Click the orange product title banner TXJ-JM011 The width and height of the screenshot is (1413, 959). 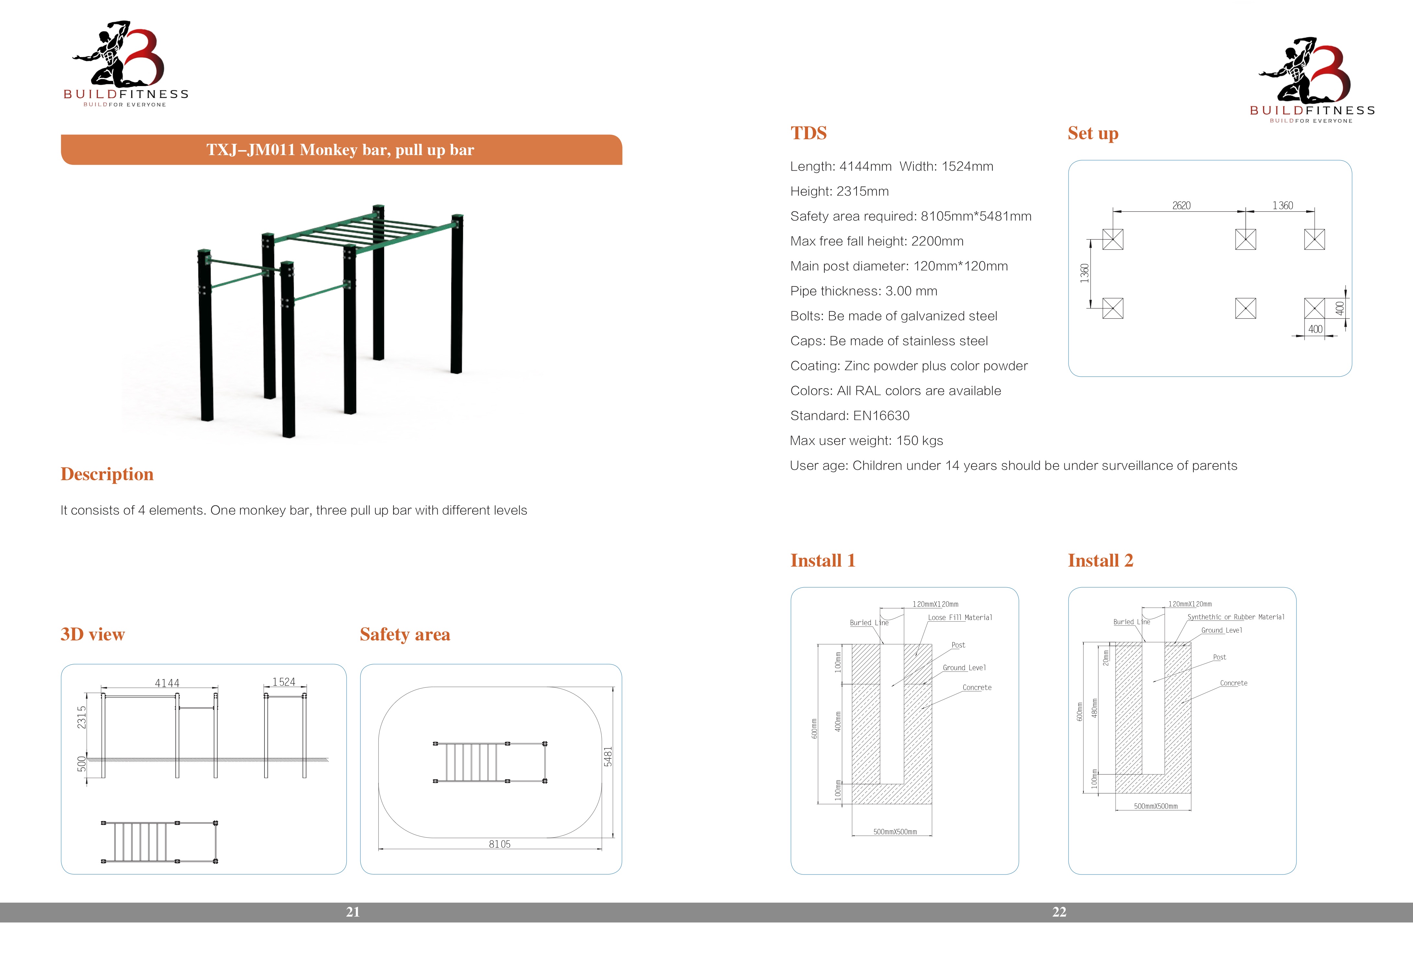click(341, 150)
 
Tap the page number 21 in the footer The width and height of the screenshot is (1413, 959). click(353, 911)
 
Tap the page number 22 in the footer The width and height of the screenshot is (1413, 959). click(1059, 911)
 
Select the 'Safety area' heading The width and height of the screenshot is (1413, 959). click(405, 634)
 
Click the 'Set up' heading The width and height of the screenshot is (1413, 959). click(1093, 133)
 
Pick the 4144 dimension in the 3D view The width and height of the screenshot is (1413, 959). click(167, 683)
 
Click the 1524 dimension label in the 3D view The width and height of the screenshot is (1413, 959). click(284, 682)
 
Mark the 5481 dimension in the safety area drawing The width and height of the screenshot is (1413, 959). click(608, 757)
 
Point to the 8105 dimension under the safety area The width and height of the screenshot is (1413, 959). click(500, 844)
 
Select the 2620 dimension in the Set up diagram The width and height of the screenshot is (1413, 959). click(1181, 206)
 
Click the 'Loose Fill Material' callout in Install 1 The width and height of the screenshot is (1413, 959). click(960, 617)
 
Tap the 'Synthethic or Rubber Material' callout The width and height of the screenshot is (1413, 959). click(1236, 617)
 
